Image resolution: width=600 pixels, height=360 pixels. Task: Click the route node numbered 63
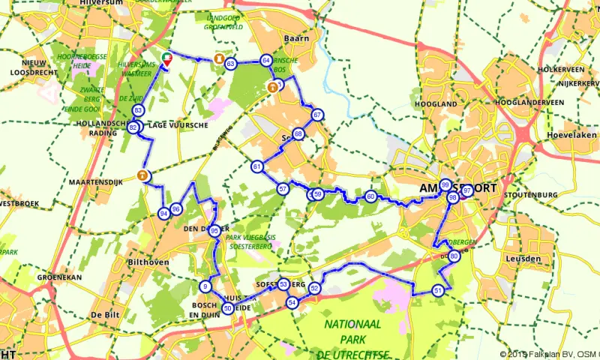[x=231, y=64]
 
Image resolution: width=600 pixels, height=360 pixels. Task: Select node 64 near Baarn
[x=265, y=60]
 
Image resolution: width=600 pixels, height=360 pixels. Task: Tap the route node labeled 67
[x=318, y=115]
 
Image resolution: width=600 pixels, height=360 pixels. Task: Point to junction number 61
[x=256, y=166]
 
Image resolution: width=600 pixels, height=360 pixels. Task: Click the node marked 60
[x=370, y=196]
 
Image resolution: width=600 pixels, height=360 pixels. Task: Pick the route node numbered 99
[x=445, y=184]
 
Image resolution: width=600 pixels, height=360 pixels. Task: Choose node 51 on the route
[x=438, y=290]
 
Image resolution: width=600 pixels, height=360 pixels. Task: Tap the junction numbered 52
[x=315, y=288]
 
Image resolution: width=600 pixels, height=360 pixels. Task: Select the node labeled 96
[x=176, y=208]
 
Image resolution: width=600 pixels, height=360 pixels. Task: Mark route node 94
[x=163, y=214]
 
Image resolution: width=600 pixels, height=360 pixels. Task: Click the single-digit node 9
[x=205, y=286]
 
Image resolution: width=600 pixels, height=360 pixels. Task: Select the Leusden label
[x=524, y=259]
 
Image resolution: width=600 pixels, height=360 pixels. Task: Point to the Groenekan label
[x=58, y=277]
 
